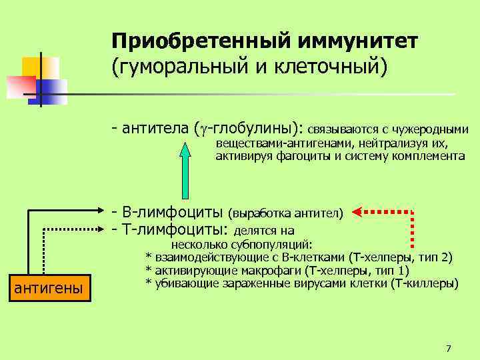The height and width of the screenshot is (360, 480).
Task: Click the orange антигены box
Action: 49,287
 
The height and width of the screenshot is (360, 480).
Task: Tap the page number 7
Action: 448,348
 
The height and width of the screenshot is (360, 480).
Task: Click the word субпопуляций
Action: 279,244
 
